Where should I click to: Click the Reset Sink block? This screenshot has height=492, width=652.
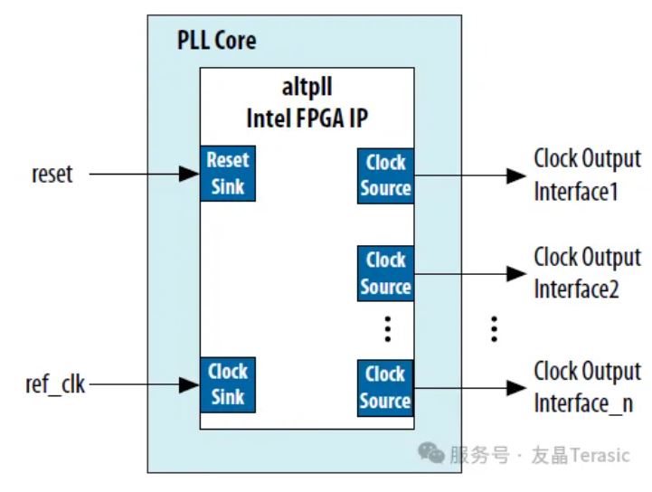click(227, 175)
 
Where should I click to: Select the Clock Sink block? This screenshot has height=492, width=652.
click(227, 384)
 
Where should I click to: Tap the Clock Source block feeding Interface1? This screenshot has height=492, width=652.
click(386, 175)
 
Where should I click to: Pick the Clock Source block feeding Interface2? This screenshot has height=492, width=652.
click(386, 273)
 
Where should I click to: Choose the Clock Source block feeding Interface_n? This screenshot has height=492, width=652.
click(386, 387)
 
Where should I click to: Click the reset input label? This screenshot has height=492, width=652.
click(52, 174)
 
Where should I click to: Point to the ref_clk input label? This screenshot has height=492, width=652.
click(55, 384)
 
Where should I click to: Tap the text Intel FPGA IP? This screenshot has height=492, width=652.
click(307, 118)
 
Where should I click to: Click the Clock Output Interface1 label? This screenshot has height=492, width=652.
click(587, 175)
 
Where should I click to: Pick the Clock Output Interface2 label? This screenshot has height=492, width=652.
click(587, 273)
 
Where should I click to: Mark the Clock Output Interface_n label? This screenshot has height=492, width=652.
click(587, 387)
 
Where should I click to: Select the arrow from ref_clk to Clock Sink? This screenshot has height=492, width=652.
click(145, 384)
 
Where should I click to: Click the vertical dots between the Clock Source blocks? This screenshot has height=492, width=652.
click(387, 329)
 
